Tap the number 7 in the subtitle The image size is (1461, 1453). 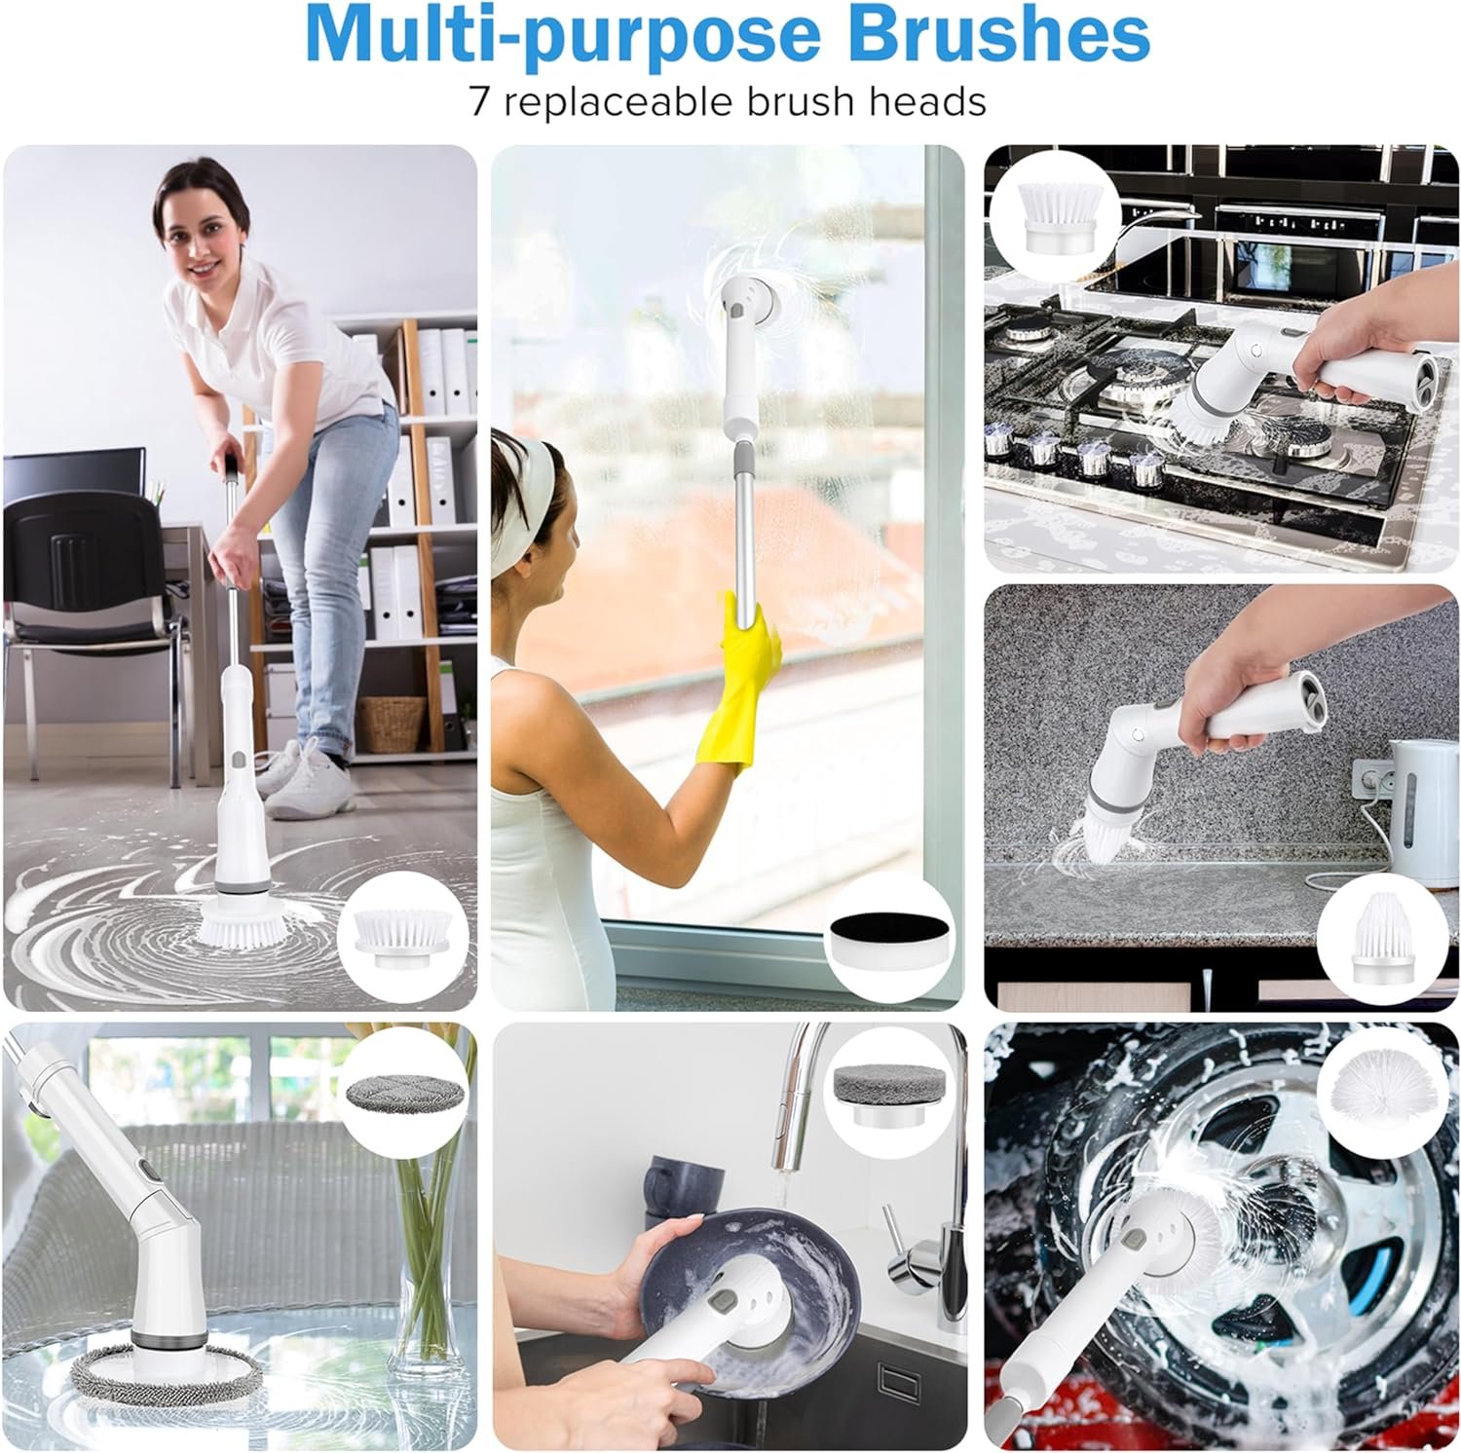pyautogui.click(x=481, y=101)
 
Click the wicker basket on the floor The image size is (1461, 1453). pyautogui.click(x=393, y=723)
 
